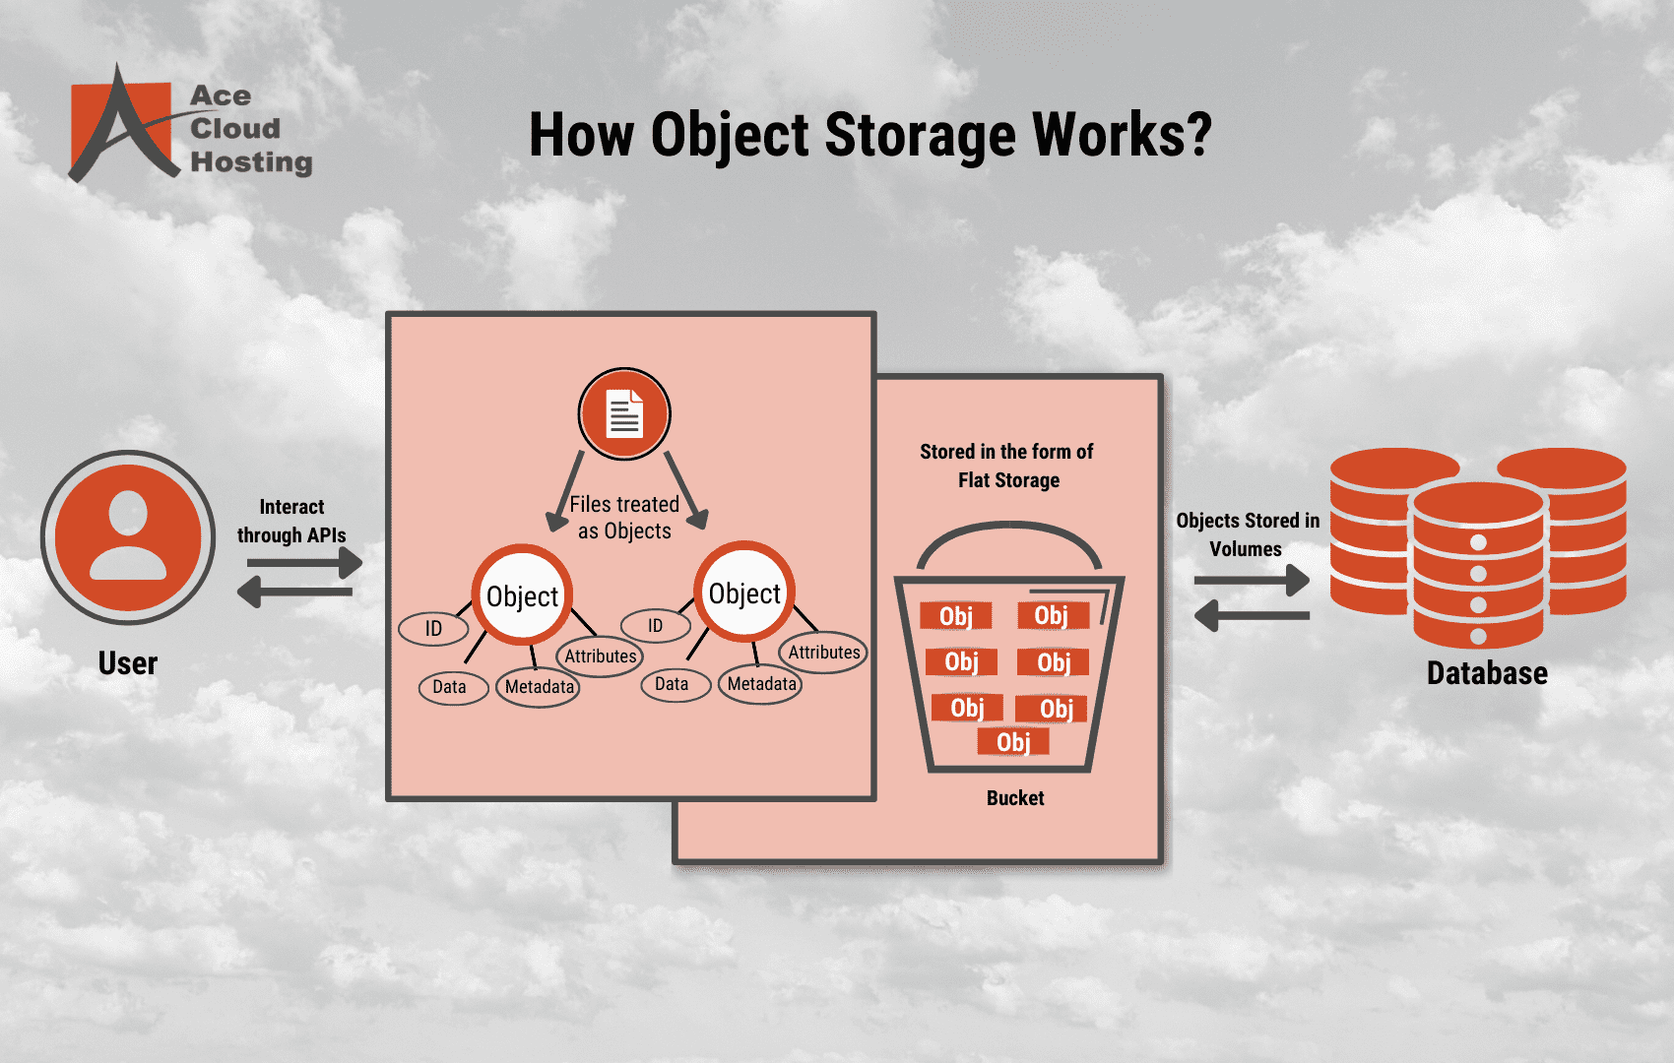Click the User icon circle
pyautogui.click(x=128, y=537)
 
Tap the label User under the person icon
pyautogui.click(x=128, y=663)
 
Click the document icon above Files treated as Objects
pyautogui.click(x=624, y=414)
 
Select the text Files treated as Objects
pyautogui.click(x=624, y=518)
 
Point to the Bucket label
pyautogui.click(x=1015, y=798)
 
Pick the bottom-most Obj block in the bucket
pyautogui.click(x=1013, y=742)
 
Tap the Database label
pyautogui.click(x=1487, y=673)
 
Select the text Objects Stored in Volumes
pyautogui.click(x=1247, y=534)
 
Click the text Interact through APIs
pyautogui.click(x=291, y=521)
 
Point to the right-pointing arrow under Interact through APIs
pyautogui.click(x=304, y=563)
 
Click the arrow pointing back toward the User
pyautogui.click(x=294, y=593)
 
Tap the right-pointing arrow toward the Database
pyautogui.click(x=1252, y=581)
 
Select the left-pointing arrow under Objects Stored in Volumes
pyautogui.click(x=1252, y=616)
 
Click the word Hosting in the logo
pyautogui.click(x=251, y=161)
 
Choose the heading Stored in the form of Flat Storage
pyautogui.click(x=1007, y=466)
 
